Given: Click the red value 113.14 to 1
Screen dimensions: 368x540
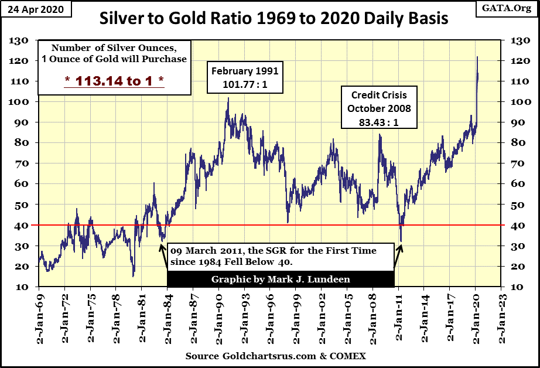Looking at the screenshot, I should (x=114, y=81).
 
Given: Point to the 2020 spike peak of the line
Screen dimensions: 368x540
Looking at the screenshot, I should (x=477, y=57).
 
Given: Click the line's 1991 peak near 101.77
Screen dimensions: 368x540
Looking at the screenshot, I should (x=228, y=98).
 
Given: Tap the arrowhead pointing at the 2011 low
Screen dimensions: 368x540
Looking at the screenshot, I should (x=401, y=247).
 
